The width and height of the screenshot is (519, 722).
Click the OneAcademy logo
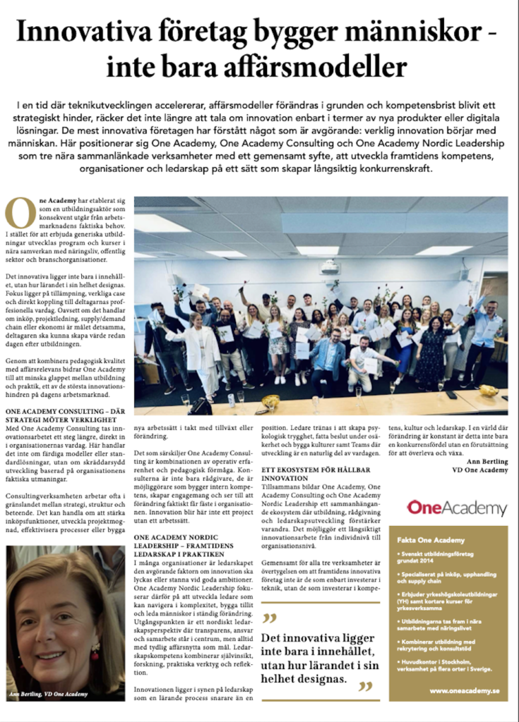[x=457, y=508]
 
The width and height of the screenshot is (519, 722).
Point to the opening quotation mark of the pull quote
[x=269, y=619]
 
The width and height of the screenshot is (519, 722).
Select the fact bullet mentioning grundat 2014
[x=445, y=560]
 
